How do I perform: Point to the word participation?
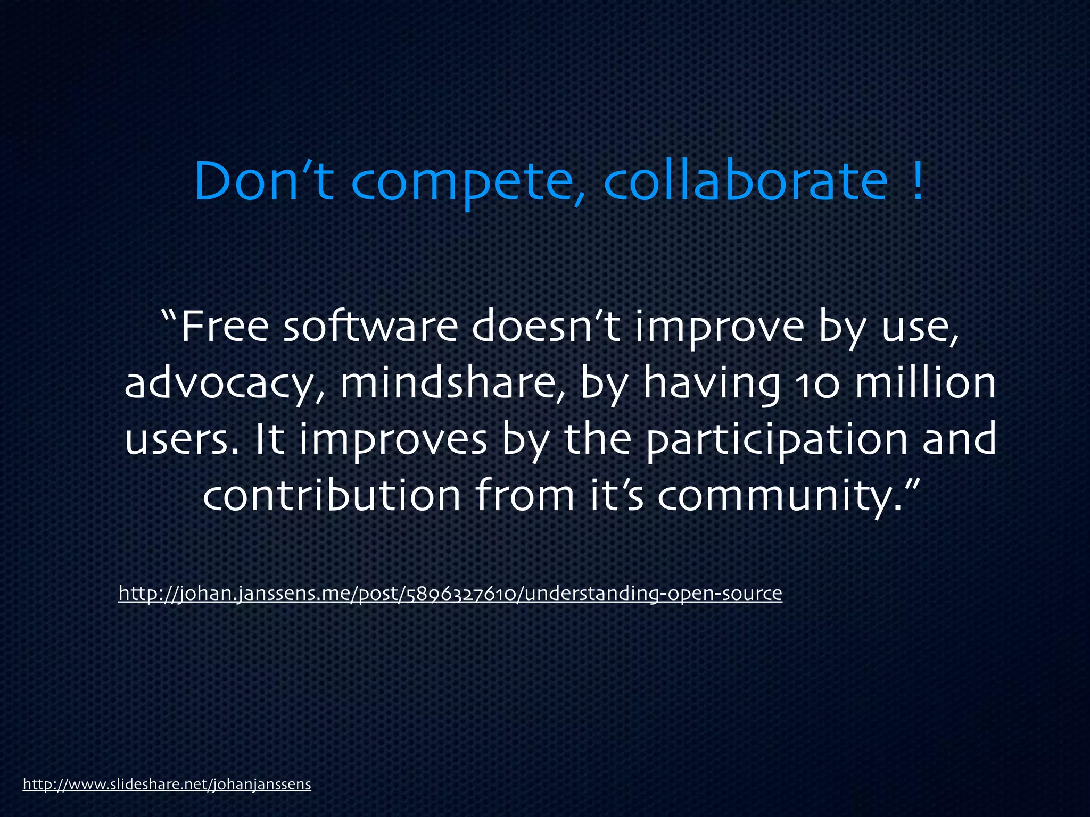pyautogui.click(x=777, y=440)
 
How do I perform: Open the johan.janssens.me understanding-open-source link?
pyautogui.click(x=450, y=593)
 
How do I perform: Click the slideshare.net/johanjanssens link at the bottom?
pyautogui.click(x=167, y=784)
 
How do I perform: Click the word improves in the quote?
pyautogui.click(x=394, y=440)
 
